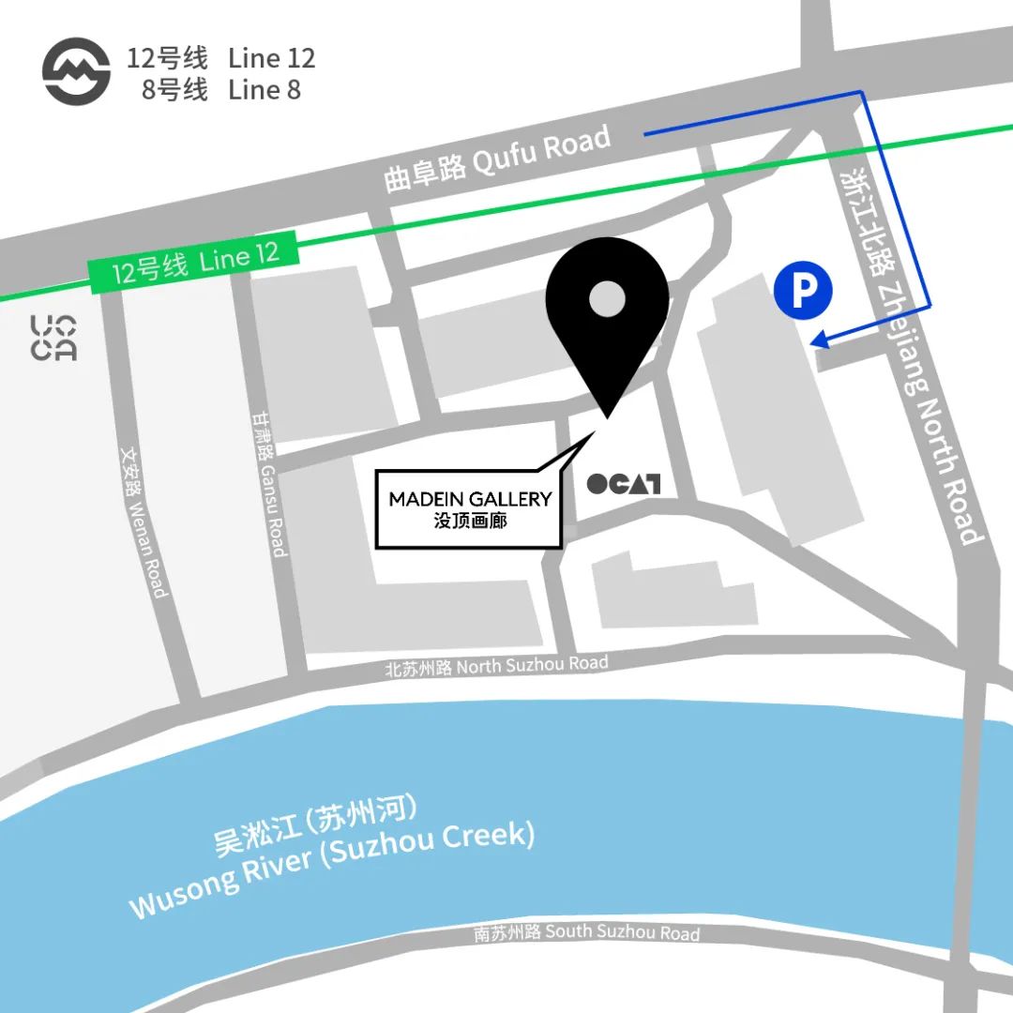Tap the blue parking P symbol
tap(803, 291)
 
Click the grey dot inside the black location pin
tap(607, 300)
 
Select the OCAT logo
tap(623, 484)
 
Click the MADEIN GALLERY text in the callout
tap(470, 499)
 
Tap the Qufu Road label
tap(498, 159)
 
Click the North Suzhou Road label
tap(496, 666)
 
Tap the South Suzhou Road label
tap(586, 932)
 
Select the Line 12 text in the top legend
tap(271, 58)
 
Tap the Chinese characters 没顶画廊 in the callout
tap(470, 520)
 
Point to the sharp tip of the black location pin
tap(607, 416)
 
